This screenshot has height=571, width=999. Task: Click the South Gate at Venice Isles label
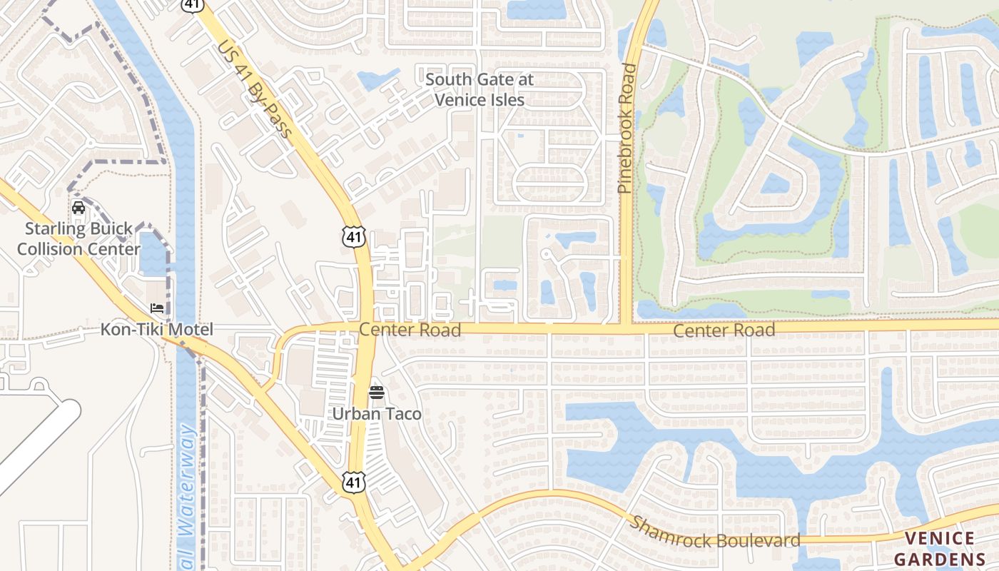coord(479,89)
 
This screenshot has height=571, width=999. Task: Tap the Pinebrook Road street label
coord(627,128)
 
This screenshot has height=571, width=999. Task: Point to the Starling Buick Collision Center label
coord(78,239)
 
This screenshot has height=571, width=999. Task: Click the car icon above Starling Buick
coord(78,208)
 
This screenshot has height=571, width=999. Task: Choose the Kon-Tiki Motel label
coord(156,330)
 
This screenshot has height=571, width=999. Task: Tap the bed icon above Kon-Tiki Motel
coord(157,308)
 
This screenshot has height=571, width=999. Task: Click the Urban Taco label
coord(377,414)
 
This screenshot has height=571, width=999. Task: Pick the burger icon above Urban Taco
coord(377,392)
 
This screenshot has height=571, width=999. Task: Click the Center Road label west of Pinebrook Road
coord(410,330)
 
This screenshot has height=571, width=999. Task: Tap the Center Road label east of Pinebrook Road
coord(724,330)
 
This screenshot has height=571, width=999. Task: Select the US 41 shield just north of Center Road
coord(354,236)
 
